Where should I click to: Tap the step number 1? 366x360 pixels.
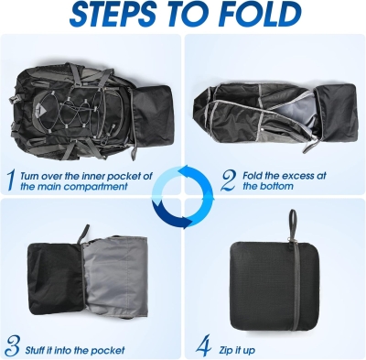(x=11, y=179)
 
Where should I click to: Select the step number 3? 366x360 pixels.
(x=11, y=346)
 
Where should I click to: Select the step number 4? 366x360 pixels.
(x=203, y=346)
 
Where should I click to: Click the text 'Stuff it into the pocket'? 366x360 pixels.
(x=77, y=348)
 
